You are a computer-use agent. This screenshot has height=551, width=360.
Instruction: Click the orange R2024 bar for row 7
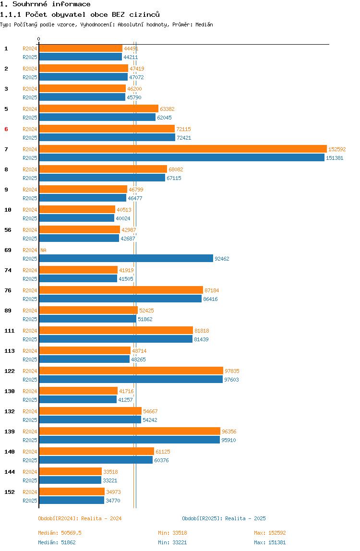click(x=183, y=149)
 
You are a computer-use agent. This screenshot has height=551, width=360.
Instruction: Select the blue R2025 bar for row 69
click(x=126, y=259)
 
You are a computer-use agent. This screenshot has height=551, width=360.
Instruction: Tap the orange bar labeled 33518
click(x=70, y=472)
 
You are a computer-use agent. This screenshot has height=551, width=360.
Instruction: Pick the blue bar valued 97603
click(x=131, y=380)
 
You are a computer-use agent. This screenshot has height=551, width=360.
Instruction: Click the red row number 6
click(x=6, y=129)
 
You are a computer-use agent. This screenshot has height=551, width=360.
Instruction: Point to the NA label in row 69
click(x=43, y=250)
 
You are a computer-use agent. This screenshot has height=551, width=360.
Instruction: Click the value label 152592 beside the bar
click(x=337, y=149)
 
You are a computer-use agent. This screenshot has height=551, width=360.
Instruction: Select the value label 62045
click(x=164, y=118)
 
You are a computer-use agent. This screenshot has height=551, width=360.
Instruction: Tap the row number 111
click(x=10, y=331)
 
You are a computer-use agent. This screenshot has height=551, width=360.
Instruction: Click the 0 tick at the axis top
click(x=39, y=39)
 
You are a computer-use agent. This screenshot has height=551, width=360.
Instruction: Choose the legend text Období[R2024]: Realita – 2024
click(x=80, y=518)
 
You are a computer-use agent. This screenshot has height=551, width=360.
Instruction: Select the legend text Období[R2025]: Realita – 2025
click(x=224, y=518)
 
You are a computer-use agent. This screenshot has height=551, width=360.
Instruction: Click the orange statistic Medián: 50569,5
click(x=60, y=533)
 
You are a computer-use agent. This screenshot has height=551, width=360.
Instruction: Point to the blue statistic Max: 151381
click(x=270, y=542)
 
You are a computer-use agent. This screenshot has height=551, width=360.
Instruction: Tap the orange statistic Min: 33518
click(x=172, y=533)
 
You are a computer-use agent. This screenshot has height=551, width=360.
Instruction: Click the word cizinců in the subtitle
click(x=144, y=14)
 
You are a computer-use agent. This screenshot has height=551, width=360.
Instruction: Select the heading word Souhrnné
click(x=30, y=4)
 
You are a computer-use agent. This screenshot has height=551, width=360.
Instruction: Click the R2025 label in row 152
click(x=30, y=501)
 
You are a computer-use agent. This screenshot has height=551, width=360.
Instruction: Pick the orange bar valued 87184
click(x=121, y=290)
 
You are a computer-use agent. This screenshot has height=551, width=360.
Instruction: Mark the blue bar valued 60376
click(x=96, y=460)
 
